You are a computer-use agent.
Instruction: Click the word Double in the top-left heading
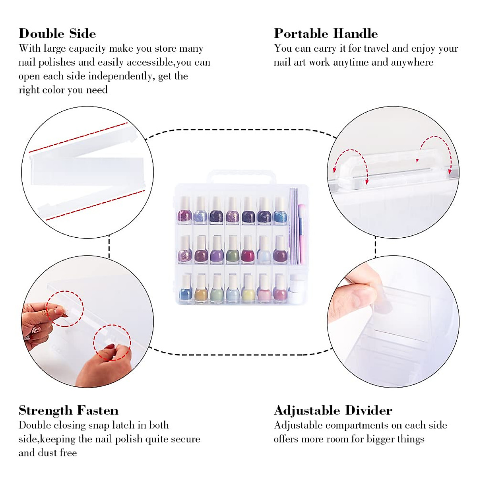(41, 33)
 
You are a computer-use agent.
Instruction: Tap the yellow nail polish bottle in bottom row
(248, 289)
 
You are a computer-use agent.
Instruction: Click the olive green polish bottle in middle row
(232, 250)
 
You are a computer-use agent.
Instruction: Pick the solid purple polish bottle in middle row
(217, 250)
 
